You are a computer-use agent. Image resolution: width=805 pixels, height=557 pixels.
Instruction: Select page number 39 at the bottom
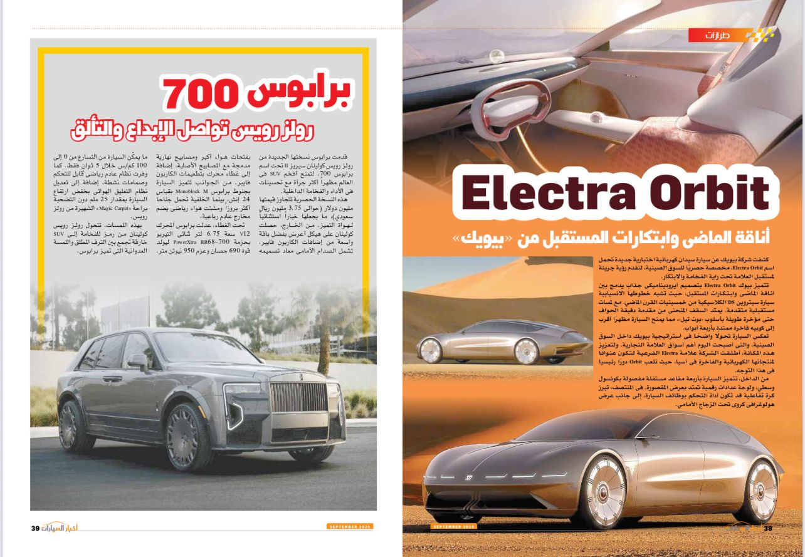[x=35, y=528]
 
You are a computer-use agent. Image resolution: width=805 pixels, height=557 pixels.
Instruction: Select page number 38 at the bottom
[x=768, y=528]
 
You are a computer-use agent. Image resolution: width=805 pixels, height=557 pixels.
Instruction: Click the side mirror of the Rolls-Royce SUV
[x=137, y=361]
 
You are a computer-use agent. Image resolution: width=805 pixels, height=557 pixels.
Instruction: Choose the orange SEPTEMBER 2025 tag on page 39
[x=349, y=527]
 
